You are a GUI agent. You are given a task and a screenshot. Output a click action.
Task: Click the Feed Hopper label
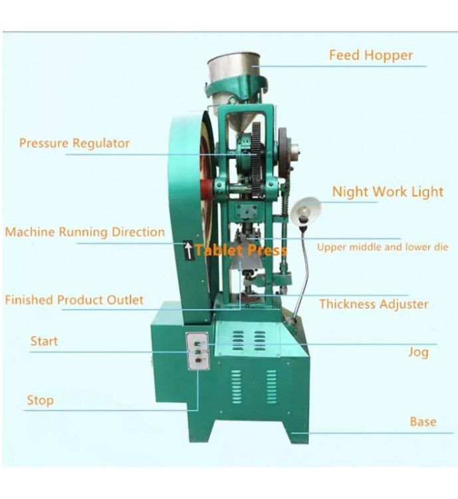click(371, 55)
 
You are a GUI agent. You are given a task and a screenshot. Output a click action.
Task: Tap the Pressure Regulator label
click(74, 143)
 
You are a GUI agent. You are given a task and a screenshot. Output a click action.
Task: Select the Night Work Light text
click(388, 192)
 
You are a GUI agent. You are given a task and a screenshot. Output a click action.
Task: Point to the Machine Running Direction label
click(85, 232)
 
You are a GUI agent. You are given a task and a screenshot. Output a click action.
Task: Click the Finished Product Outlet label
click(74, 300)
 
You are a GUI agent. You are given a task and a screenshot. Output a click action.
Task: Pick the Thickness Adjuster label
click(374, 304)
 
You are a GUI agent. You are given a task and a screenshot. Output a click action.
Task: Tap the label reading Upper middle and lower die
click(383, 248)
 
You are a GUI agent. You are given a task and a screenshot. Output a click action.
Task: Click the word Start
click(44, 341)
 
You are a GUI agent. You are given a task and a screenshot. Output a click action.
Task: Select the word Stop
click(40, 401)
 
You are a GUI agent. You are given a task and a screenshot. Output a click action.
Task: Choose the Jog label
click(418, 352)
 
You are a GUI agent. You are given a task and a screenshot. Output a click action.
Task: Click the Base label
click(423, 422)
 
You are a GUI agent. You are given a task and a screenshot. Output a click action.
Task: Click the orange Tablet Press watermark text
click(241, 250)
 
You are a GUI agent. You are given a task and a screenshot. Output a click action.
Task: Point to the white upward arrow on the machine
click(189, 250)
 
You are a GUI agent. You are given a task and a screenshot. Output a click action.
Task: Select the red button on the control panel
click(198, 361)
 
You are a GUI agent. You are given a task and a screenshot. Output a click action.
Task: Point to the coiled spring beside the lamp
click(284, 203)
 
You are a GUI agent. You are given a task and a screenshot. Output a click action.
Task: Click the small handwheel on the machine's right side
click(285, 152)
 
